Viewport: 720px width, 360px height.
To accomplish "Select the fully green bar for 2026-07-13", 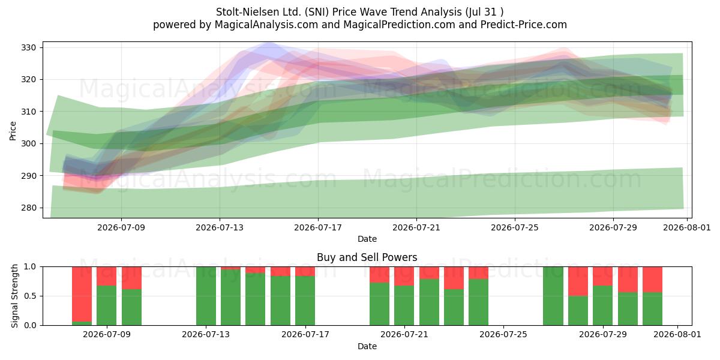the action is [x=206, y=296].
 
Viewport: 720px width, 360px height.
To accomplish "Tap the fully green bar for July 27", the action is [x=553, y=296].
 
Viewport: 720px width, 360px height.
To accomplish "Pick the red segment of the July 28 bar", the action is [x=578, y=281].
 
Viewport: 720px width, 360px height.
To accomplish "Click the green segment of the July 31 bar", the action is [x=653, y=309].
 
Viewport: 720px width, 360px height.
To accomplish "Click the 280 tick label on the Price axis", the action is [x=29, y=208].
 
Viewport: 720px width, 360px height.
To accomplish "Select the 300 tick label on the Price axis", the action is [x=29, y=143].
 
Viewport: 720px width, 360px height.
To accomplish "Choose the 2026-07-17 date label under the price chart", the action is [x=318, y=227].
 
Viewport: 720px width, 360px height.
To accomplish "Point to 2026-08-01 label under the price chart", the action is [x=687, y=227].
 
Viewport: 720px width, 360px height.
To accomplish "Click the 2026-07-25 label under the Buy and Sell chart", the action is [x=503, y=335].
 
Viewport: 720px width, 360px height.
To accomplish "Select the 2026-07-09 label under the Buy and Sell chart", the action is [x=107, y=335].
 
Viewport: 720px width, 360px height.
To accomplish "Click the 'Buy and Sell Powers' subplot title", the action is [x=367, y=257].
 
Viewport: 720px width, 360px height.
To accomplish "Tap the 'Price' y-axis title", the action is [x=13, y=131].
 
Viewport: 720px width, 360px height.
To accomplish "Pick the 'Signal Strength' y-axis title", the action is [x=14, y=296].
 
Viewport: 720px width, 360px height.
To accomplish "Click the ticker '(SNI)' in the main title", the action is [x=317, y=12].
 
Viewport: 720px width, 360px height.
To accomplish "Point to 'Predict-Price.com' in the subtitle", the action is [x=524, y=25].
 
